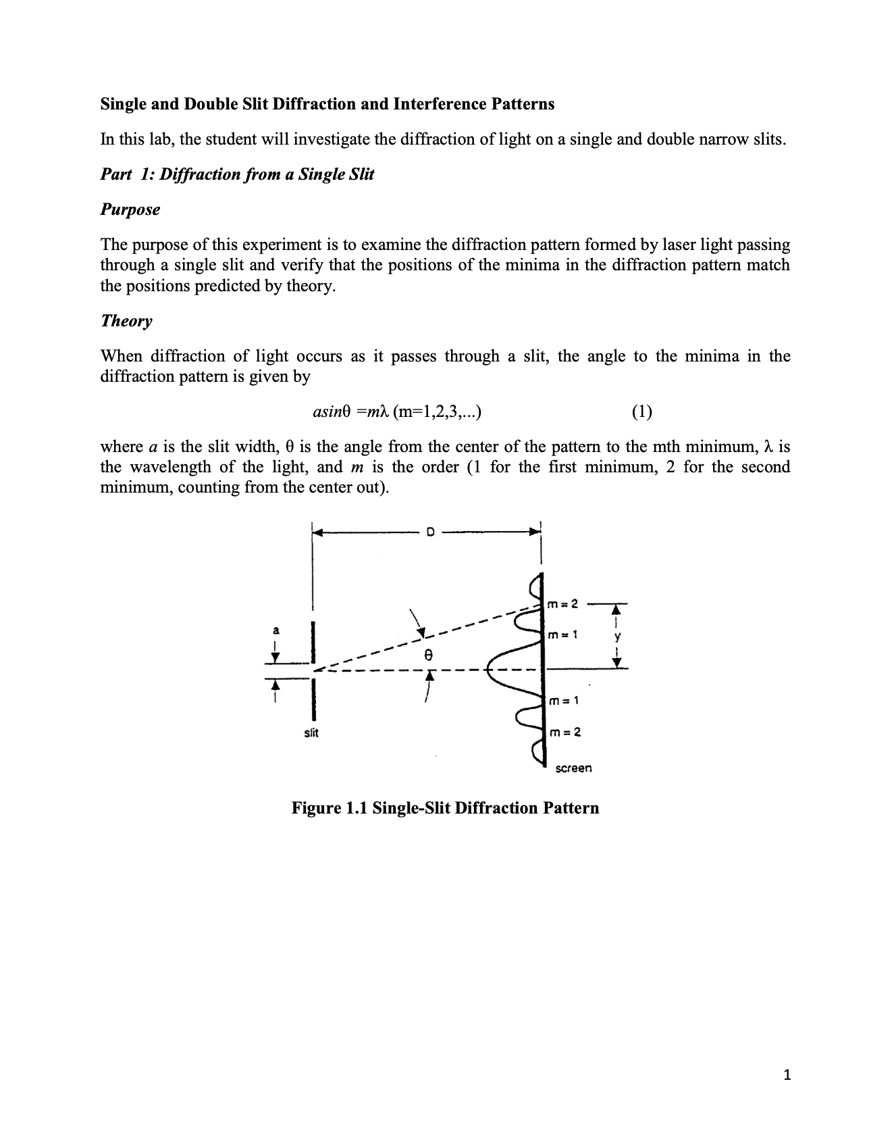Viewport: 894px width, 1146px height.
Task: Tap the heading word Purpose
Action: click(130, 209)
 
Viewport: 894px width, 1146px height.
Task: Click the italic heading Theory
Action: click(126, 321)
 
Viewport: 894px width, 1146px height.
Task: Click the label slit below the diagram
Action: click(311, 732)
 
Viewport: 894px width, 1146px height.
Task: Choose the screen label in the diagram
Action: click(573, 768)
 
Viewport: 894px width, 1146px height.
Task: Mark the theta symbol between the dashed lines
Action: click(426, 655)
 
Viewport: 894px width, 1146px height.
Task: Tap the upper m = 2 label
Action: click(562, 603)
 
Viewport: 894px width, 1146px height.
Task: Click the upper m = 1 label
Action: click(562, 635)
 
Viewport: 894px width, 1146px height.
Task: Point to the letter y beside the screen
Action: click(617, 637)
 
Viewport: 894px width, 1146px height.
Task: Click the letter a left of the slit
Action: click(275, 630)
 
